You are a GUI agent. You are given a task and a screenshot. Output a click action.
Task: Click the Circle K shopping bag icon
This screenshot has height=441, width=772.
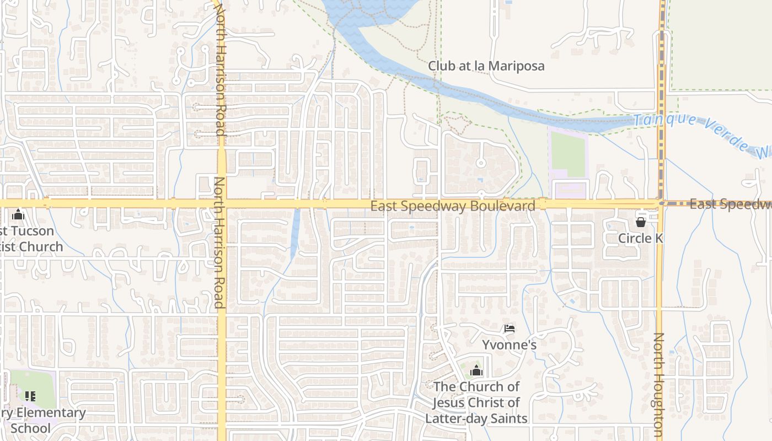pyautogui.click(x=640, y=222)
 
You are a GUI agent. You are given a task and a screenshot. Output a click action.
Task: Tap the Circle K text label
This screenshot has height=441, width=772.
pyautogui.click(x=640, y=238)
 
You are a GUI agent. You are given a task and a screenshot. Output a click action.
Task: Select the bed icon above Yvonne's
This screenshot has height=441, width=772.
pyautogui.click(x=510, y=329)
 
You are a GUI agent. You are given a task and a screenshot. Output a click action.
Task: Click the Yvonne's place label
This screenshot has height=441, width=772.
pyautogui.click(x=510, y=345)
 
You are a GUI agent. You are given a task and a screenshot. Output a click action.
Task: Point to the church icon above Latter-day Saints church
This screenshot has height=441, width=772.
pyautogui.click(x=476, y=370)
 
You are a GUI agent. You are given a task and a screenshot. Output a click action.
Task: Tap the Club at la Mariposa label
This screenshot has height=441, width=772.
pyautogui.click(x=486, y=66)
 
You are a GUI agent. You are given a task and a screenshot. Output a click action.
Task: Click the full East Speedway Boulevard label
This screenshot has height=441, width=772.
pyautogui.click(x=452, y=206)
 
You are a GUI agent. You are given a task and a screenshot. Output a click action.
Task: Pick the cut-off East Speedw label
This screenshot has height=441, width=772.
pyautogui.click(x=730, y=205)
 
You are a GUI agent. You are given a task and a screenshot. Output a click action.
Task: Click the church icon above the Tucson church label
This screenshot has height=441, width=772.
pyautogui.click(x=18, y=214)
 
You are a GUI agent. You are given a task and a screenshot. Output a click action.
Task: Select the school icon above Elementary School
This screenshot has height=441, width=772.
pyautogui.click(x=30, y=396)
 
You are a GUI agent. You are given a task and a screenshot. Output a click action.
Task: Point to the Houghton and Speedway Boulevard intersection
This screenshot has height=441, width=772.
pyautogui.click(x=660, y=203)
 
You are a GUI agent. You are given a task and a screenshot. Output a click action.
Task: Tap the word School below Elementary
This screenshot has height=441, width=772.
pyautogui.click(x=30, y=428)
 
